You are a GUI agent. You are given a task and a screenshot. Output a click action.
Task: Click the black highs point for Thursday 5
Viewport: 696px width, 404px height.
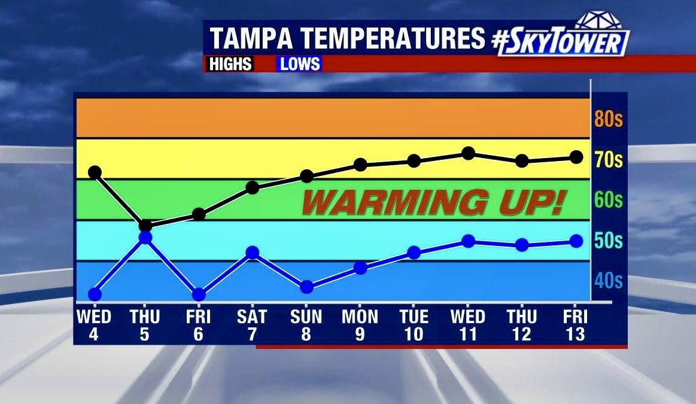tap(145, 226)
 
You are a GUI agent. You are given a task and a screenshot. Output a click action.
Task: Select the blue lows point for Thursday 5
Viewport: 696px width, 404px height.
tap(145, 238)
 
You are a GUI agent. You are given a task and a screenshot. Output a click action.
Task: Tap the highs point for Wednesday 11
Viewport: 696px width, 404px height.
tap(468, 153)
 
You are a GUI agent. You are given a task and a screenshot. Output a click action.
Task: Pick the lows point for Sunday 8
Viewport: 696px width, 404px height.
tap(306, 287)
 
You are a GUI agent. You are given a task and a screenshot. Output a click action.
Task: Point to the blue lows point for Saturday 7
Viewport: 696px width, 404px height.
tap(253, 253)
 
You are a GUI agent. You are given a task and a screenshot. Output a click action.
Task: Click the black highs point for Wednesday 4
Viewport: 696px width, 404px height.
tap(95, 172)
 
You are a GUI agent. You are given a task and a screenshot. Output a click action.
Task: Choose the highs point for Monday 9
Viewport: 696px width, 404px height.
tap(360, 165)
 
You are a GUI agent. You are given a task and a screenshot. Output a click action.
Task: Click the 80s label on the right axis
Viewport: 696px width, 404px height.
tap(609, 120)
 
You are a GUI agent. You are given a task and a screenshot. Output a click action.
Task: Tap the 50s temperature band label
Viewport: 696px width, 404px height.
tap(609, 241)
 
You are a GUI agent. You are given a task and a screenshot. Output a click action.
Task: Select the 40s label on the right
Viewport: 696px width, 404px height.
tap(609, 281)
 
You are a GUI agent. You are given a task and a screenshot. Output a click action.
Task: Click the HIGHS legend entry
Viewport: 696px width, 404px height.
tap(230, 64)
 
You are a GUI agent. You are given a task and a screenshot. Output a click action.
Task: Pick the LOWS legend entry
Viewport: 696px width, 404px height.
tap(300, 64)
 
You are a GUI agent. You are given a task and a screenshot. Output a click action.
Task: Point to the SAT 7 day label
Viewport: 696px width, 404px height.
tap(252, 324)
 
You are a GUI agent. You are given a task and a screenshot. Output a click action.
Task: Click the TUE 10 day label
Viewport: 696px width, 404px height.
tap(414, 324)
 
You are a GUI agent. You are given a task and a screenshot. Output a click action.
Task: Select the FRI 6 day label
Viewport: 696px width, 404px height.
tap(198, 324)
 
